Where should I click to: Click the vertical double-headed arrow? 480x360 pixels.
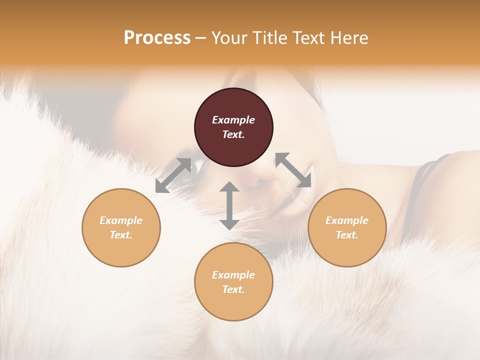tap(229, 205)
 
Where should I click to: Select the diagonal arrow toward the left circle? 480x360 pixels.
tap(173, 175)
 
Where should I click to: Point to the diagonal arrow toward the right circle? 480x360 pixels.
tap(293, 170)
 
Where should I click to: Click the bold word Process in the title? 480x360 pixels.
tap(157, 38)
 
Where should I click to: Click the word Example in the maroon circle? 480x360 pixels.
tap(233, 120)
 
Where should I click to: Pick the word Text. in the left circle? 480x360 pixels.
tap(121, 235)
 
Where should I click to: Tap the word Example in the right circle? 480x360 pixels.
tap(347, 220)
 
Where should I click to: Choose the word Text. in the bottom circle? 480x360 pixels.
tap(233, 289)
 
